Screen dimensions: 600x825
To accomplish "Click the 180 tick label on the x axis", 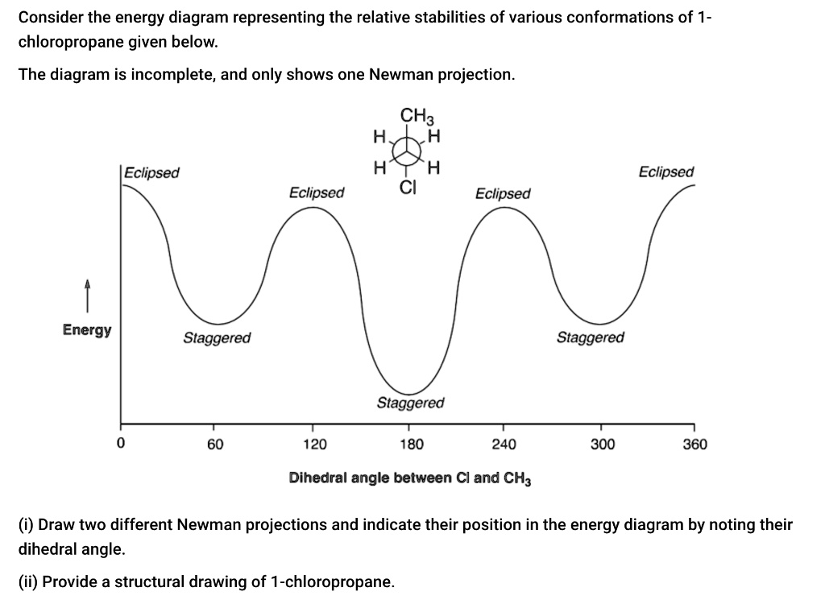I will (411, 444).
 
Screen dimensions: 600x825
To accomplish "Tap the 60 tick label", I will (215, 444).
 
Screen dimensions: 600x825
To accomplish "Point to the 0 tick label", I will (120, 444).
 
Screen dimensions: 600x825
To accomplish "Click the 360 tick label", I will (694, 444).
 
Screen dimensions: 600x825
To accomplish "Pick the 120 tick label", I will (315, 444).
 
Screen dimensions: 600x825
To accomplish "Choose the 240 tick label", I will (504, 444).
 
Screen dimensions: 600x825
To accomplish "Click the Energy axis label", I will (87, 330).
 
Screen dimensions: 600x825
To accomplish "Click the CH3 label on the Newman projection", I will (413, 116).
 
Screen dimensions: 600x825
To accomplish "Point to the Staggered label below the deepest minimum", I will (410, 402).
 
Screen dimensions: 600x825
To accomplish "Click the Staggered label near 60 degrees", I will (217, 337).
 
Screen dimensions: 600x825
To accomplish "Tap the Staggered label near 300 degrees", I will (590, 337).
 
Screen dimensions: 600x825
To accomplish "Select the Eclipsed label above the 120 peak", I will (317, 193).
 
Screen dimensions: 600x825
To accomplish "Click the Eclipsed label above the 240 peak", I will (503, 193).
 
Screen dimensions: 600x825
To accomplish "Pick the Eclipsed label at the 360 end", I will (665, 172).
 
